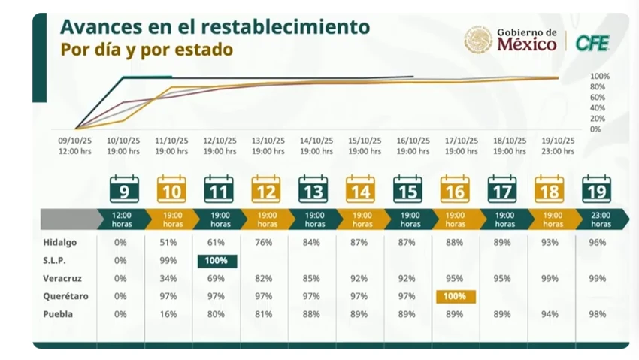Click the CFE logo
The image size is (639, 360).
pos(592,43)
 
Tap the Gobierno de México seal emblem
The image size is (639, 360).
pos(478,40)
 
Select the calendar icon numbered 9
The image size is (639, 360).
pos(124,190)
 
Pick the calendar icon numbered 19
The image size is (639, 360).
pos(597,190)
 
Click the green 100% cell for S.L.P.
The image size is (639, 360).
pos(218,261)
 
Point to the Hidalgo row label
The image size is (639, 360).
pos(59,243)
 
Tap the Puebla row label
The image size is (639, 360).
pos(58,314)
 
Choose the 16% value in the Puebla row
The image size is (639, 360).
pos(171,314)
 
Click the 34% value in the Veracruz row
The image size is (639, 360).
pos(171,279)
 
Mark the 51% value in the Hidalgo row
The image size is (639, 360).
pos(171,243)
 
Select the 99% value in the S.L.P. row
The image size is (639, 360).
pos(171,261)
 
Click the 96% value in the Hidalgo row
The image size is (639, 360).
pos(597,243)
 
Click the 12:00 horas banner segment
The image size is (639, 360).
pos(123,219)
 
